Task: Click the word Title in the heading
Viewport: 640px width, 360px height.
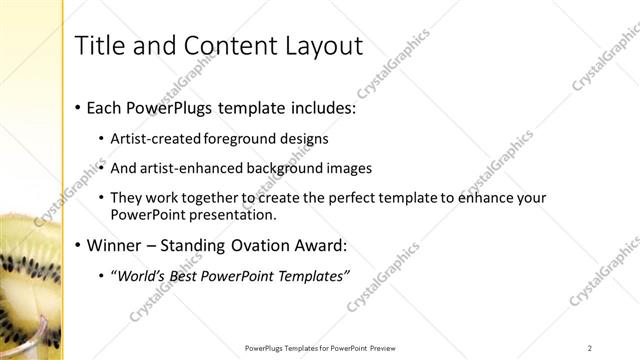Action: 101,45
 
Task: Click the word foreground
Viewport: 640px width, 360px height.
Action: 237,138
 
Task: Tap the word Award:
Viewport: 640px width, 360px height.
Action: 349,245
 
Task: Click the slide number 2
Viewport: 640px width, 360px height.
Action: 590,348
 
